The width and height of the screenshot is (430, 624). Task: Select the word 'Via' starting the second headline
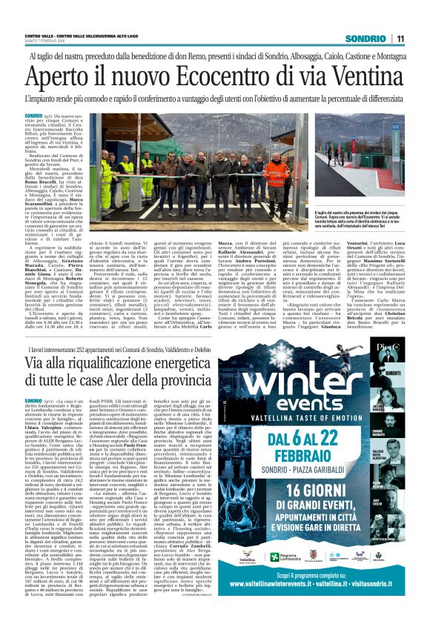point(37,362)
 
